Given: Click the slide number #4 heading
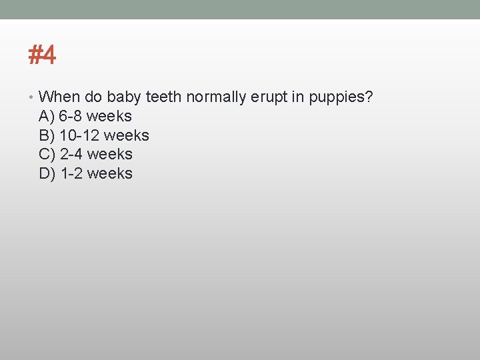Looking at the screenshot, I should click(42, 55).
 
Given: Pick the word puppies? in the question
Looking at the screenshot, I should click(340, 98).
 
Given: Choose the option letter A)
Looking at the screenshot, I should click(47, 117).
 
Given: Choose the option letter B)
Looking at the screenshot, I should click(47, 136).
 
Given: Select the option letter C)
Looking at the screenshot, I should click(47, 155).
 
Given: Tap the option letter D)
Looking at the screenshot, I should click(47, 174).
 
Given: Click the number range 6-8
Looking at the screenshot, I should click(71, 117).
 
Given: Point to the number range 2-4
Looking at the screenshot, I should click(71, 155).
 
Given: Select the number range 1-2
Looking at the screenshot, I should click(71, 174).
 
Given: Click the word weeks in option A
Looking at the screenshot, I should click(109, 117).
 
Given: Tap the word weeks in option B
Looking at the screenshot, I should click(127, 136).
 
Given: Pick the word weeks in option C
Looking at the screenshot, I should click(110, 155).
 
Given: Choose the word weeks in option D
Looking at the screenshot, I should click(110, 174).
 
